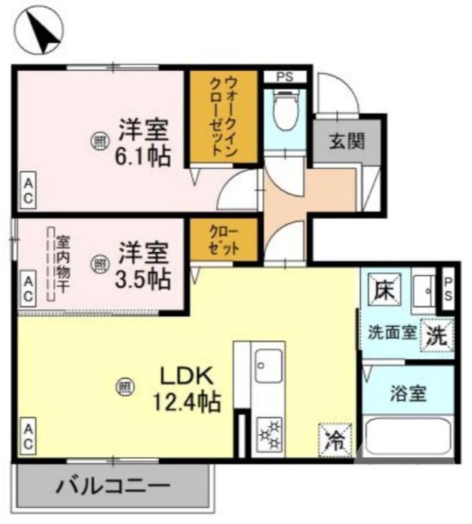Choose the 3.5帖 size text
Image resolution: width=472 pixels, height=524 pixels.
[144, 278]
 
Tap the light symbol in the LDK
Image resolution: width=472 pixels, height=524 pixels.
[124, 387]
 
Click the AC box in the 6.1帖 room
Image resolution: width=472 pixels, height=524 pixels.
[28, 190]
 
